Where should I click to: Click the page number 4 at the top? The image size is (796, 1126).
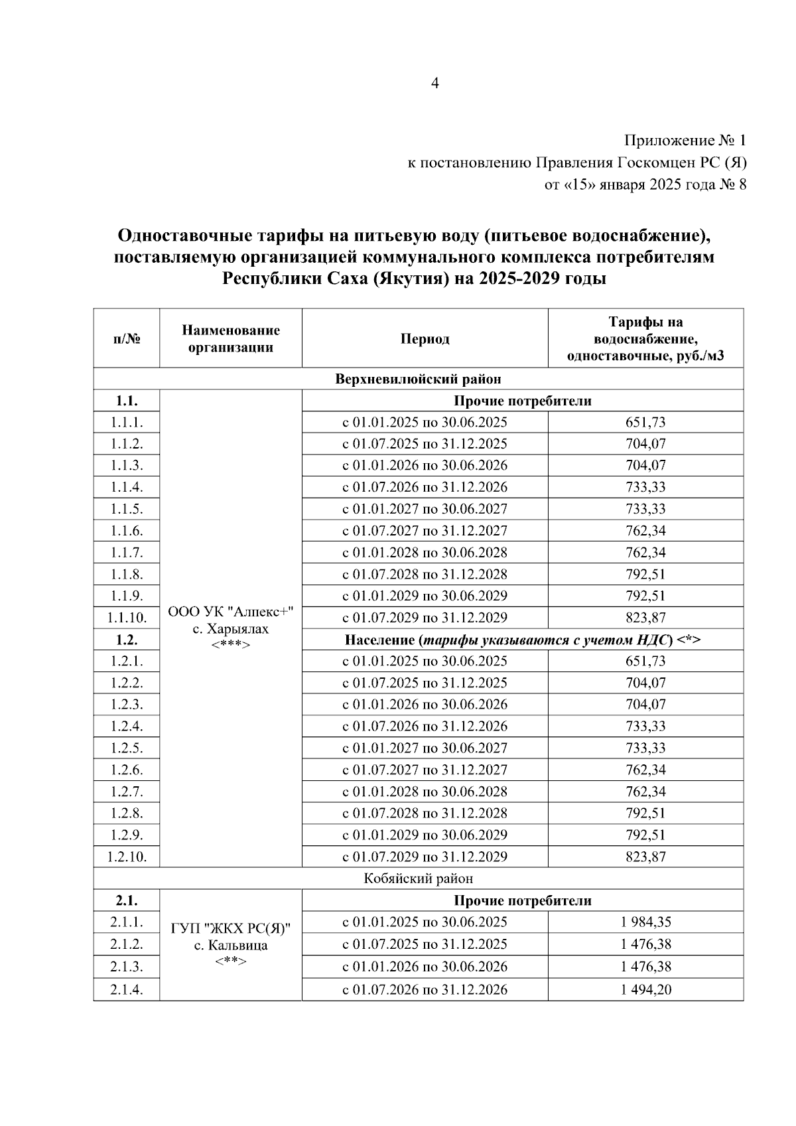click(x=435, y=83)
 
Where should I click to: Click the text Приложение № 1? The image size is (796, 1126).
click(x=685, y=141)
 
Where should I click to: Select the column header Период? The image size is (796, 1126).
click(x=425, y=339)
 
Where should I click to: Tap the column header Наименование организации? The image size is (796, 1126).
click(x=231, y=338)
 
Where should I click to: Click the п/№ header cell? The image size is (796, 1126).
click(x=126, y=339)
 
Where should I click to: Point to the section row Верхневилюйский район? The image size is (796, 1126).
click(x=418, y=379)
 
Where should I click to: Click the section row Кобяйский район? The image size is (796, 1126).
click(x=418, y=879)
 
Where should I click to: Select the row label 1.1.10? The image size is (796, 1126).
click(x=126, y=618)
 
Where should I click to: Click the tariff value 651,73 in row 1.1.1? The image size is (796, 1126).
click(x=645, y=422)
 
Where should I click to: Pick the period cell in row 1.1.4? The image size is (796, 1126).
click(x=425, y=487)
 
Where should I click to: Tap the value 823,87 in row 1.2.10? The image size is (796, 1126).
click(x=645, y=857)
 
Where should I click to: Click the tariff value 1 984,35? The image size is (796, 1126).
click(x=645, y=922)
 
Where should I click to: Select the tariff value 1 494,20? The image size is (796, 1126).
click(x=645, y=990)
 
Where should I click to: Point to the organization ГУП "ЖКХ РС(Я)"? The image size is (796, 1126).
click(x=231, y=928)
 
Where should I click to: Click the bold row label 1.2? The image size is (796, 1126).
click(x=126, y=640)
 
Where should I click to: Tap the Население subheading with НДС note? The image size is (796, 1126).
click(x=522, y=640)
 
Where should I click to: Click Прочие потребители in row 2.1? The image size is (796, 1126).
click(x=522, y=900)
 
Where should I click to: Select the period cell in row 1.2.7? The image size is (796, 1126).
click(x=425, y=792)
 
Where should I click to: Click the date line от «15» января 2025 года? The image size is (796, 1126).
click(x=645, y=184)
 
